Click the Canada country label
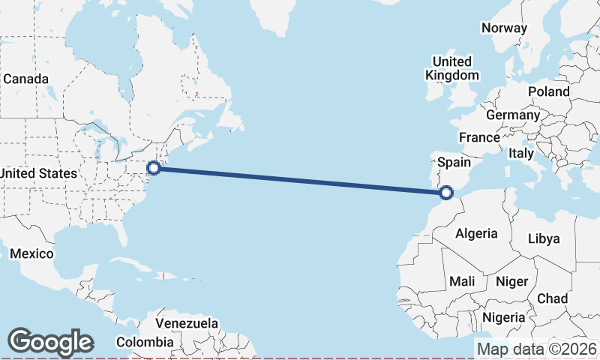pos(26,79)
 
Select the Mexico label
pos(31,253)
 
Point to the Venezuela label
pos(187,324)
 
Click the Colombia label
pos(145,342)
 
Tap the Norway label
pos(504,28)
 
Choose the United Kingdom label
pos(452,68)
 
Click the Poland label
pos(548,91)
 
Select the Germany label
pos(512,115)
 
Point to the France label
pos(479,137)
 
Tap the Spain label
pos(454,162)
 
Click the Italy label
pos(521,153)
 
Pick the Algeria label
pos(476,233)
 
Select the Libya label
pos(544,238)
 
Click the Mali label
pos(462,281)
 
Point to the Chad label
pos(552,298)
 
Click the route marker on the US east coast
pos(154,168)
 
